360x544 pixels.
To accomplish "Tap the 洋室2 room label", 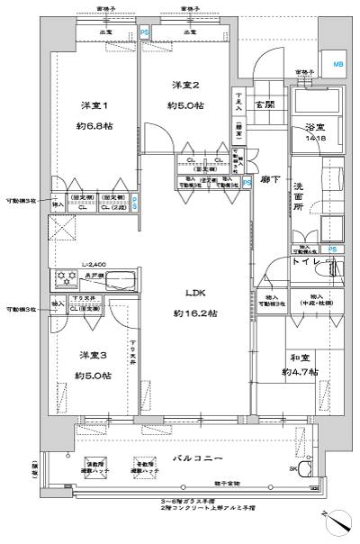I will [x=185, y=85].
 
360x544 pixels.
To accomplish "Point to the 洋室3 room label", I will [x=92, y=354].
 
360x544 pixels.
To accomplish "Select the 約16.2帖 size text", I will [x=195, y=313].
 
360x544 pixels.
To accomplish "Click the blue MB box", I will [x=337, y=64].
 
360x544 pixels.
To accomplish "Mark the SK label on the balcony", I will [x=294, y=469].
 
